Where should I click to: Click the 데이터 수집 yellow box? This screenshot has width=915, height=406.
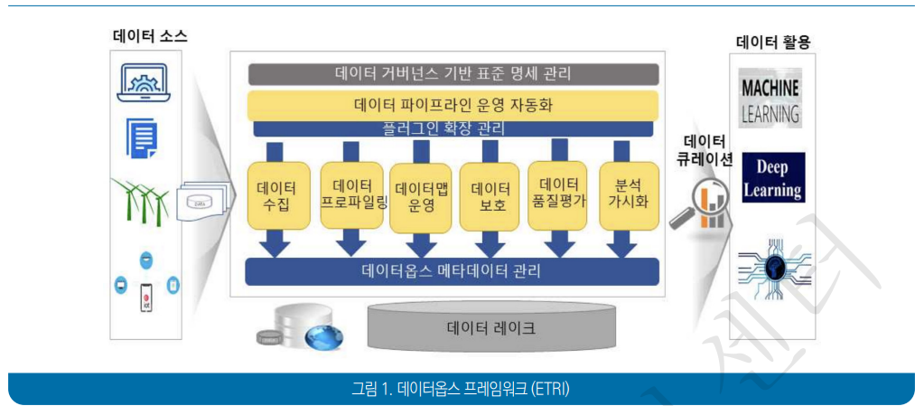coord(278,195)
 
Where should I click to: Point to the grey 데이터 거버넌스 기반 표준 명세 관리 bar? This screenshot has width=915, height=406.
coord(452,73)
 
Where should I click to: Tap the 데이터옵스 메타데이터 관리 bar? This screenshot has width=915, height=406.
coord(453,269)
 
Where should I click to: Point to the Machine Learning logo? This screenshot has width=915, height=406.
coord(770,99)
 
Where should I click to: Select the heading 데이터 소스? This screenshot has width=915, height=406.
coord(150,37)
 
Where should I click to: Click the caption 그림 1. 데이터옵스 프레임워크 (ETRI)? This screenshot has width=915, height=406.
coord(461,390)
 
